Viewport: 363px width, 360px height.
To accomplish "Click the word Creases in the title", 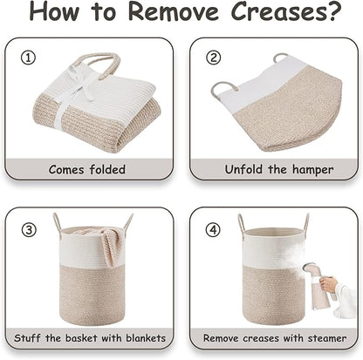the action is point(279,11).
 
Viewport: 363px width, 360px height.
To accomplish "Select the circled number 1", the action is point(28,58).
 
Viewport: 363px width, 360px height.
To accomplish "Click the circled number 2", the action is point(214,58).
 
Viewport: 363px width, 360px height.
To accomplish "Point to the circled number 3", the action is point(29,230).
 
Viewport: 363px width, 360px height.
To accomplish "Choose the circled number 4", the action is point(213,230).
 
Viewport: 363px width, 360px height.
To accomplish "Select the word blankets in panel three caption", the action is point(146,338).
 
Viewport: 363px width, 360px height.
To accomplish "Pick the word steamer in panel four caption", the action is point(327,338).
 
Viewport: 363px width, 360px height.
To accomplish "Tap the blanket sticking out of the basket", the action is point(103,242).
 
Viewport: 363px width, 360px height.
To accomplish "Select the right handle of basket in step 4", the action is point(305,222).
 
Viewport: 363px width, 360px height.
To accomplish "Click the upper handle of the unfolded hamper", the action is point(280,58).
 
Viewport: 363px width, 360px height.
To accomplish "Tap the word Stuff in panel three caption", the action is point(27,338).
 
